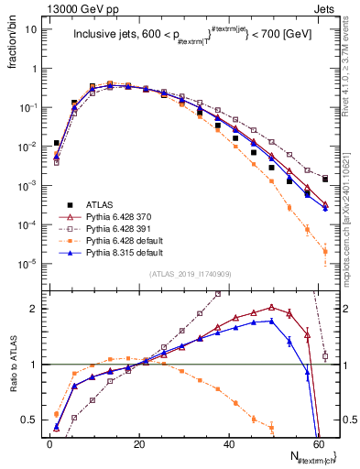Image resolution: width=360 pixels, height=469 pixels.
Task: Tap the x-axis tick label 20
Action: (x=138, y=443)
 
